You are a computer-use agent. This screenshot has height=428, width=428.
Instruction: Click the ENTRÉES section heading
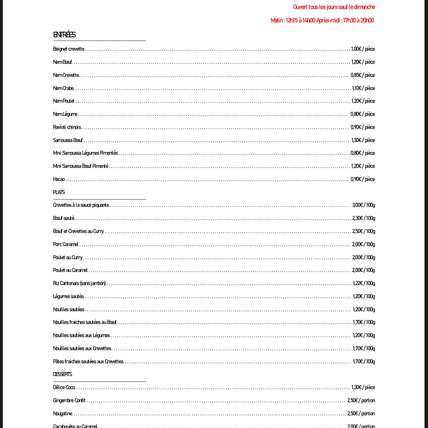tap(64, 34)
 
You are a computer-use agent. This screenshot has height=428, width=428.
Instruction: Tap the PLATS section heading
tap(59, 192)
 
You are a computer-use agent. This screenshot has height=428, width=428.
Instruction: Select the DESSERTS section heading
tap(62, 374)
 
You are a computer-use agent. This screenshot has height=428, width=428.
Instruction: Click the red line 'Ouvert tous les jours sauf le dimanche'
tap(334, 7)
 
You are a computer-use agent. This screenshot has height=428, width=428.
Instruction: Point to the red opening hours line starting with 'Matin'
tap(322, 20)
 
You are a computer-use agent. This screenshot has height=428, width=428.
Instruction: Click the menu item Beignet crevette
tap(69, 49)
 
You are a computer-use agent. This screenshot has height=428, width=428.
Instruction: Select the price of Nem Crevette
tap(363, 75)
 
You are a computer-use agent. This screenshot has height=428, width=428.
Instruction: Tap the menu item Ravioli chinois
tap(67, 127)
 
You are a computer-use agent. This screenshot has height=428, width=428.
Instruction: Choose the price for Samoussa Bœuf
tap(363, 140)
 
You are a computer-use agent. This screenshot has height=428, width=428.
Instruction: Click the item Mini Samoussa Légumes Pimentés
tap(85, 153)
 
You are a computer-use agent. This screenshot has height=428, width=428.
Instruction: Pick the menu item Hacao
tap(59, 179)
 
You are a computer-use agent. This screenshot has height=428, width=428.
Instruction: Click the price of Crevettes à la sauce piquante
tap(364, 205)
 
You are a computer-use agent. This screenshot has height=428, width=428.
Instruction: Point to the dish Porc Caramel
tap(66, 244)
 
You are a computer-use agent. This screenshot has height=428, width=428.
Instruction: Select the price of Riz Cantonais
tap(364, 283)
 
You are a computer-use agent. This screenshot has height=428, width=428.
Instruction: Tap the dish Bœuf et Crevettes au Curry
tap(78, 231)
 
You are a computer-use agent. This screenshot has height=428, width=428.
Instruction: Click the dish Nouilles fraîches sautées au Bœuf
tap(85, 322)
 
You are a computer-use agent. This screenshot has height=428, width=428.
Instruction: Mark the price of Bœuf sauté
tap(364, 218)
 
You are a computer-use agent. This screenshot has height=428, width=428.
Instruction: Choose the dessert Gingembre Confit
tap(69, 400)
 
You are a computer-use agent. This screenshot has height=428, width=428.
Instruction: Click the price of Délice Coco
tap(363, 387)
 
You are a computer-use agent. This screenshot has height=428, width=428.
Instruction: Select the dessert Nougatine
tap(63, 414)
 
